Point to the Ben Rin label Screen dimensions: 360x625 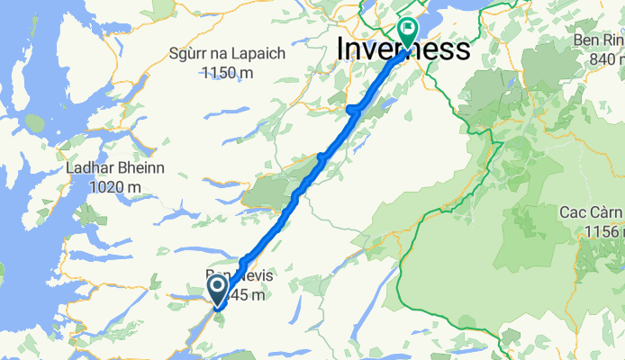click(598, 40)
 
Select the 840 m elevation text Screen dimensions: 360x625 click(602, 58)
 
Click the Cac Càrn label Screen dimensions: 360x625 click(593, 212)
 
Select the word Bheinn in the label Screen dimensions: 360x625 click(141, 169)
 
